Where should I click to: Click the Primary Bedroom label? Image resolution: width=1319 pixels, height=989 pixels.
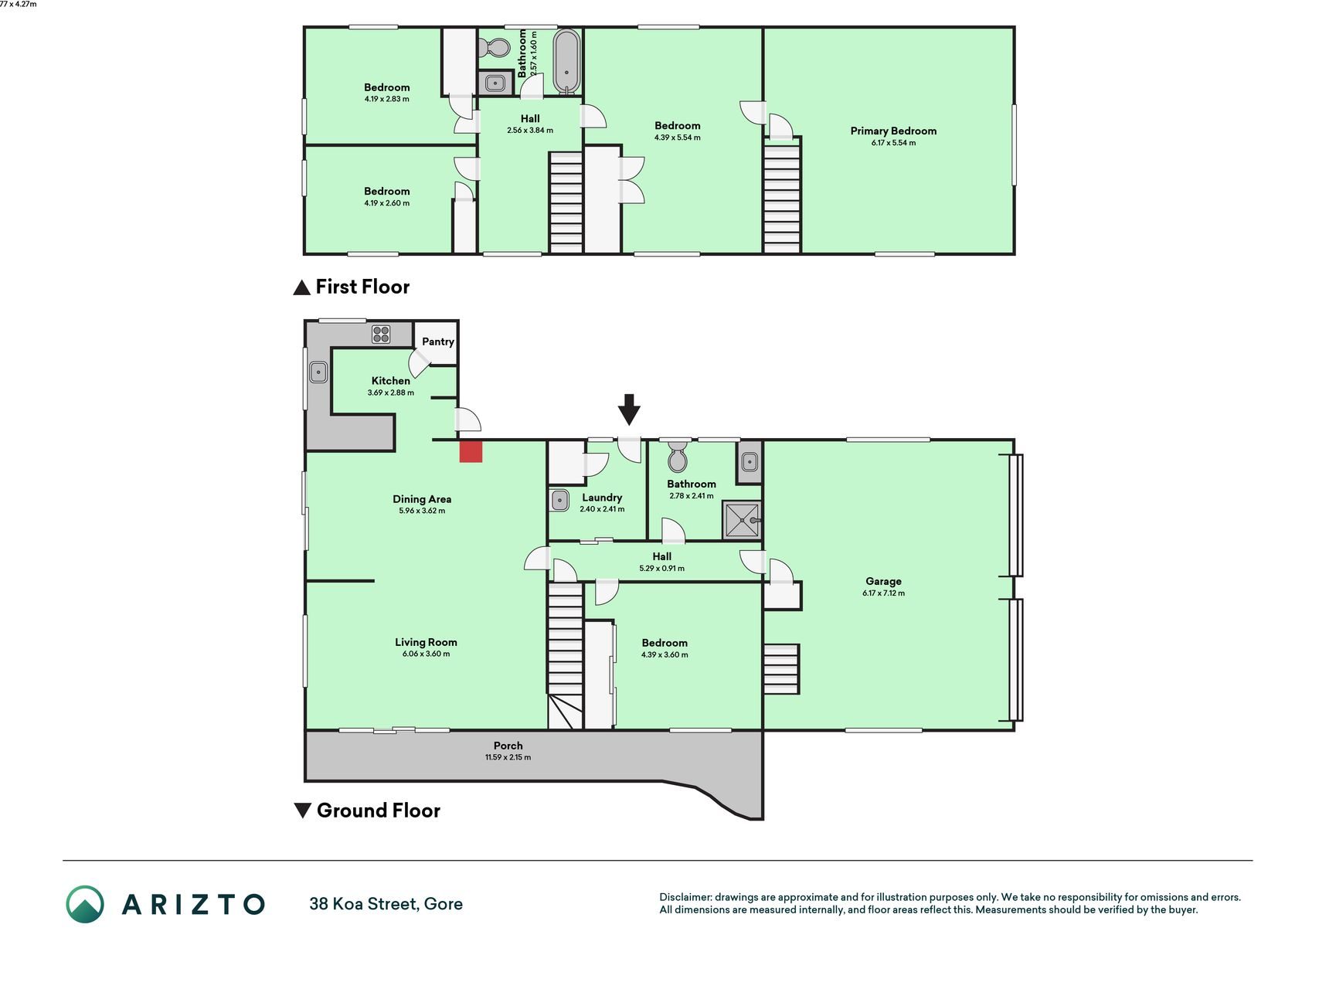tap(893, 131)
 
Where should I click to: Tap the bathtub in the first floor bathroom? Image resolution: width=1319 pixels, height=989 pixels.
tap(567, 61)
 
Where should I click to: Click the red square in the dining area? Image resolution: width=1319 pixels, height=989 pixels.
tap(471, 451)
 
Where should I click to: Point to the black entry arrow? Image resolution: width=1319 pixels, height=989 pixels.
tap(630, 410)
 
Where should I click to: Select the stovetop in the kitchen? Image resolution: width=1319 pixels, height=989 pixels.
tap(381, 335)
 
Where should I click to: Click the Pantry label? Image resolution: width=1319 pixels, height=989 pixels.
tap(438, 342)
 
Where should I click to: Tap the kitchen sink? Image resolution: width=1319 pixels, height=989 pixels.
tap(318, 373)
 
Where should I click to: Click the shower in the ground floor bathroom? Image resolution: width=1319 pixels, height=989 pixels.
tap(742, 520)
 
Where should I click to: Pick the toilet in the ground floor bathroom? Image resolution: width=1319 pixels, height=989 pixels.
tap(678, 457)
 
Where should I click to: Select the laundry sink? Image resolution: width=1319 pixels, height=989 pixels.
tap(559, 500)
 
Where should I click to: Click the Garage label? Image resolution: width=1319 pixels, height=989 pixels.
tap(883, 581)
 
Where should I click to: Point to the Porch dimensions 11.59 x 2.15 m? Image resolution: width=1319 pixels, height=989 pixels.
tap(508, 757)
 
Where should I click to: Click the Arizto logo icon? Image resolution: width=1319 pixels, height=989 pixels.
tap(85, 904)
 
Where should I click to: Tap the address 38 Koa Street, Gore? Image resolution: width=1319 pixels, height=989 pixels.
tap(386, 904)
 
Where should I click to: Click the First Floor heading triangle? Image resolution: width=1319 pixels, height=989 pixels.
tap(301, 288)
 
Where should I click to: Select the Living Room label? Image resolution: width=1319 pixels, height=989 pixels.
tap(426, 642)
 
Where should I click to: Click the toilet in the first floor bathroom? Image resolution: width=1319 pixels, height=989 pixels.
tap(495, 49)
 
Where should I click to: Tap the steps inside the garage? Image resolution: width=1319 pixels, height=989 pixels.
tap(781, 669)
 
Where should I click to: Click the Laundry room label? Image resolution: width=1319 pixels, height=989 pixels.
tap(602, 498)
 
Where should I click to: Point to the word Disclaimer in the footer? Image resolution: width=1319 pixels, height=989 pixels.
tap(685, 897)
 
